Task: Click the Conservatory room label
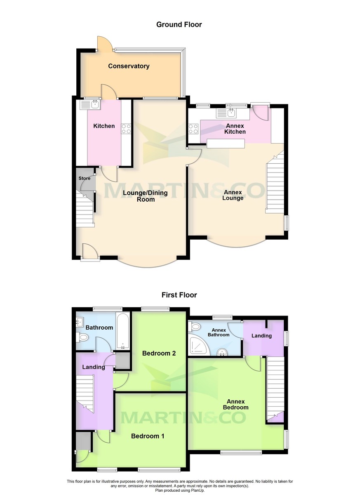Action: click(x=129, y=66)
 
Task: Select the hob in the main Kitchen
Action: click(x=126, y=129)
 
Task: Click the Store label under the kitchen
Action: click(x=85, y=179)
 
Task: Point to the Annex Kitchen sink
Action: click(x=231, y=112)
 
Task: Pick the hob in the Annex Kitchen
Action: click(x=194, y=129)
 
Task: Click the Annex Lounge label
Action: click(x=233, y=195)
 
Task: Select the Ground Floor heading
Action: click(x=179, y=25)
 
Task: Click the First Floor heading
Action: click(x=179, y=295)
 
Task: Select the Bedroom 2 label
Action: click(x=159, y=354)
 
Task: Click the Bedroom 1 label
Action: click(x=148, y=436)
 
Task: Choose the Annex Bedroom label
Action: click(x=236, y=404)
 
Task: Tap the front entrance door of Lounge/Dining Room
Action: click(x=90, y=252)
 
